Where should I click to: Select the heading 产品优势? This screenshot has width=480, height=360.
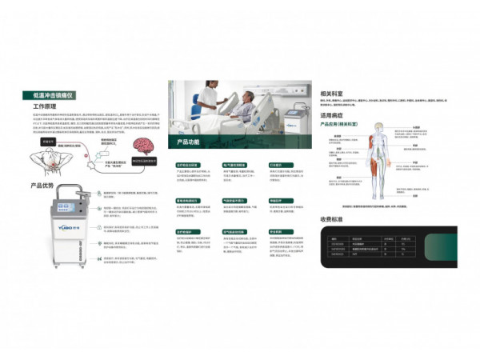(42, 186)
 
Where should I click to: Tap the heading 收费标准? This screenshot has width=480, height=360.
(332, 218)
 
